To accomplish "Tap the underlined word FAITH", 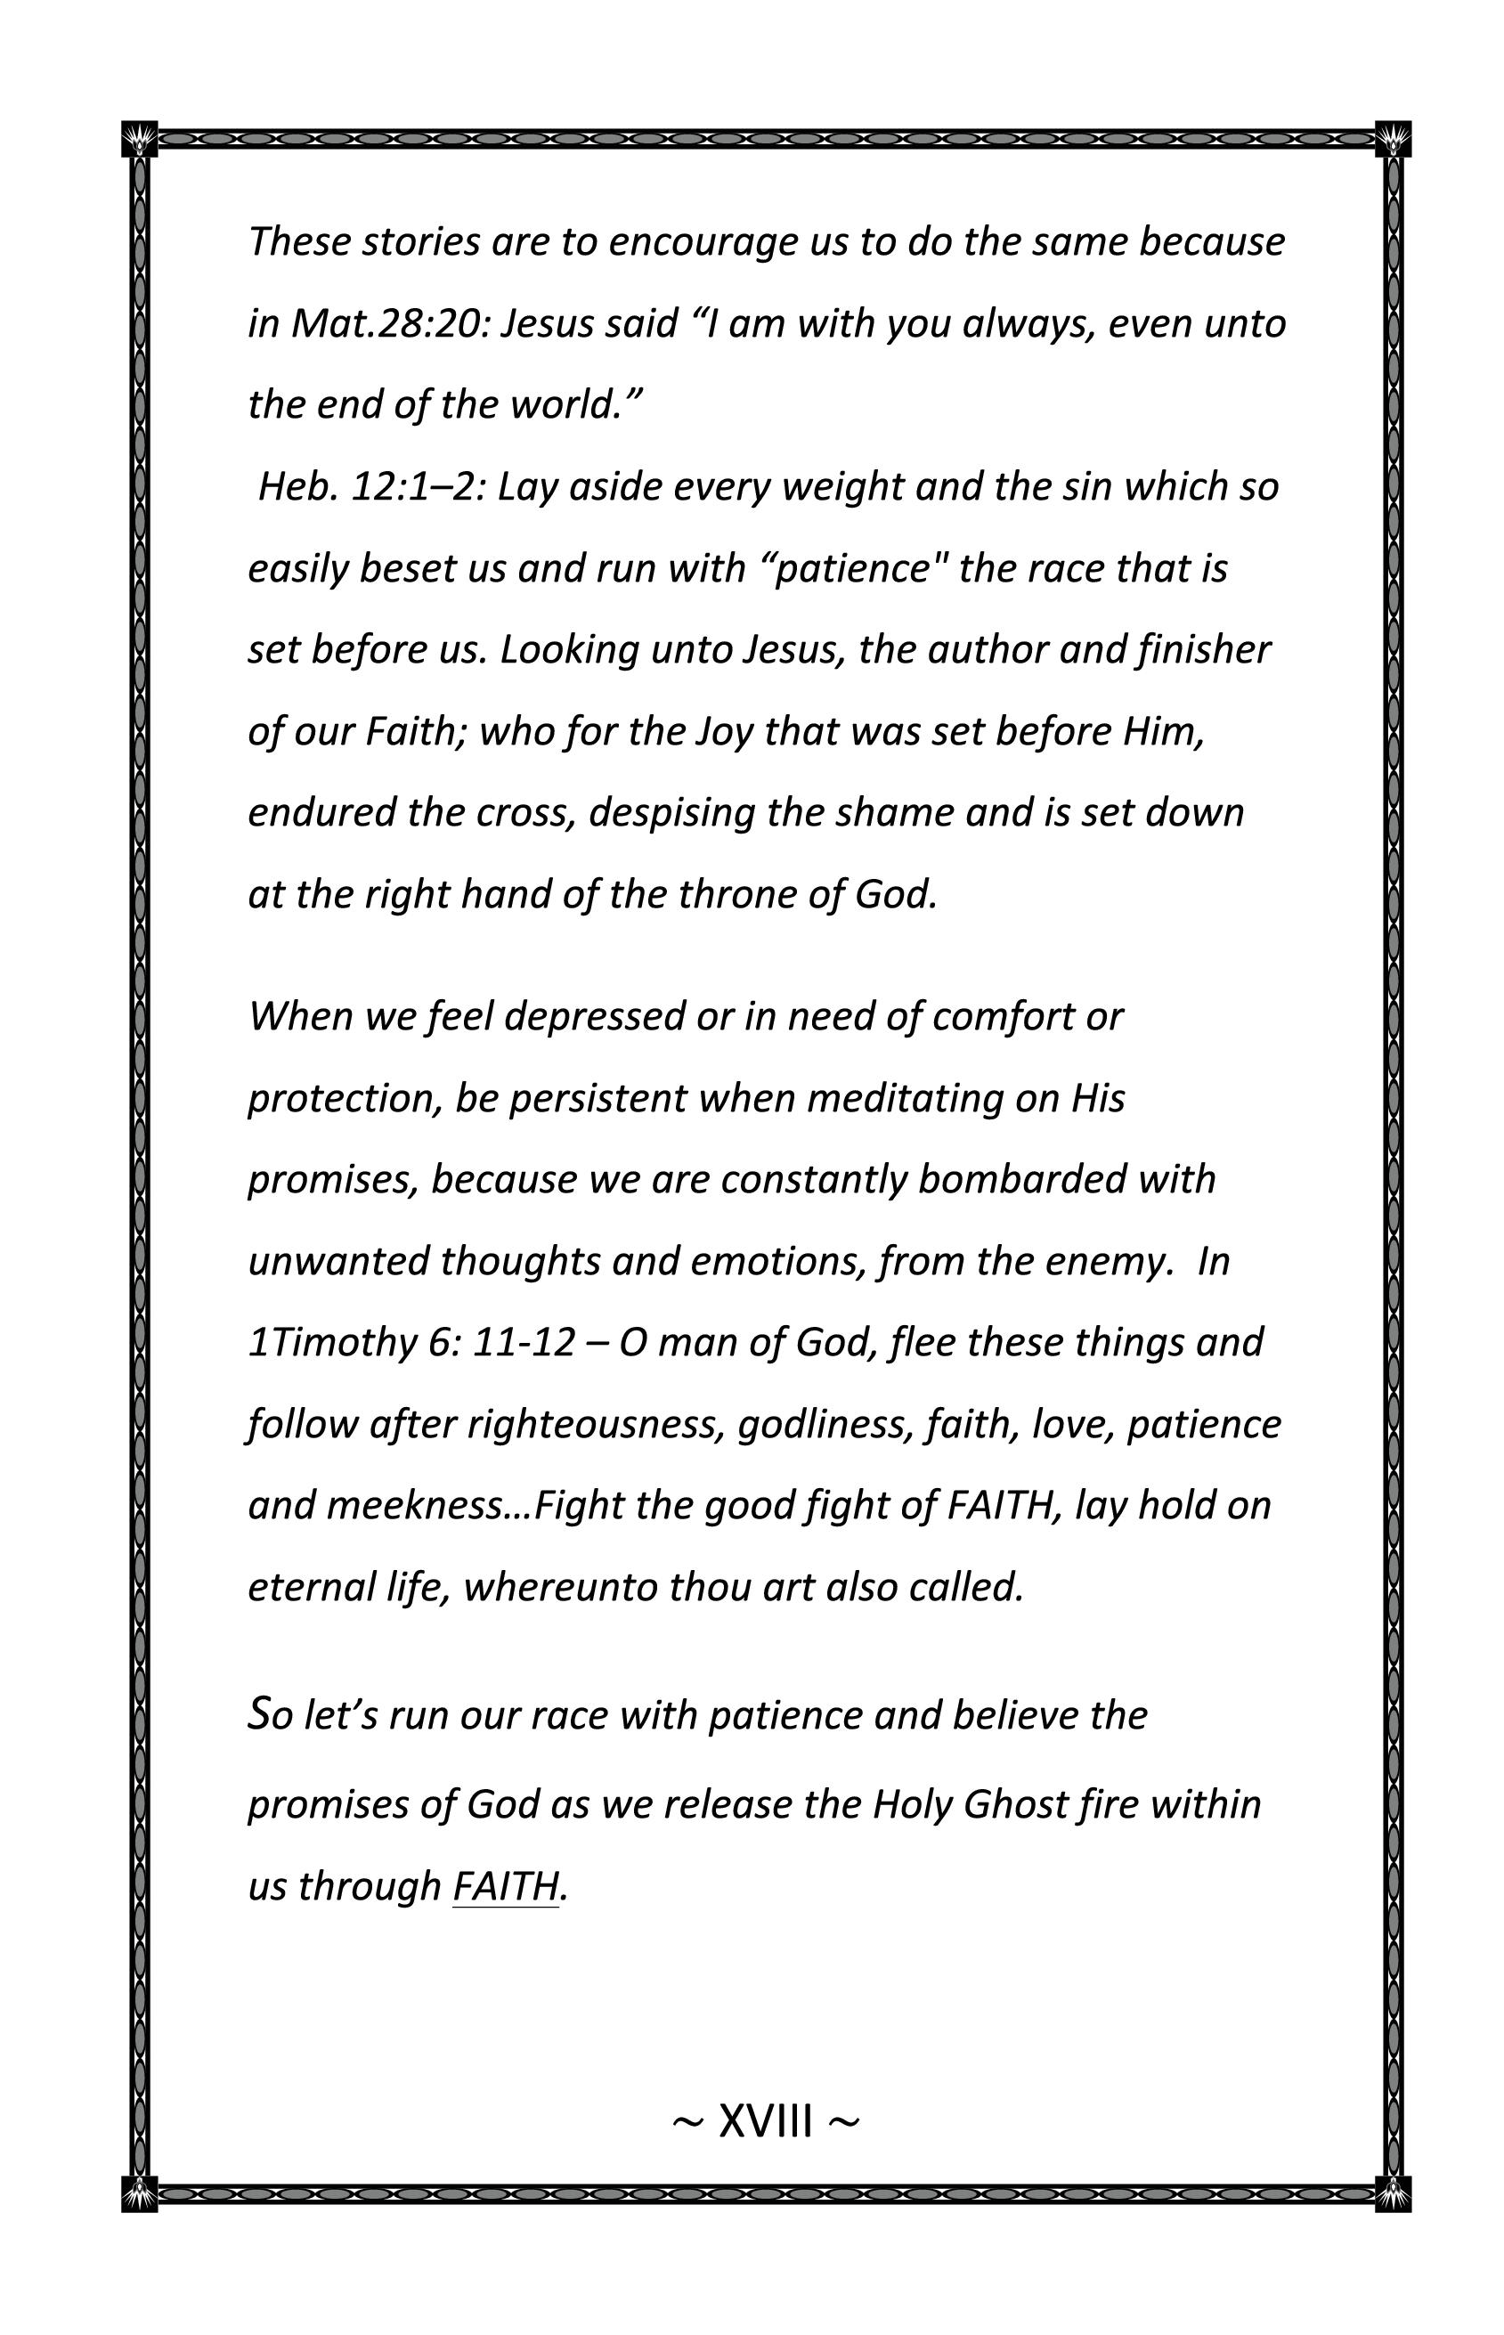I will click(505, 1886).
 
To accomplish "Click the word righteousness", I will click(596, 1425).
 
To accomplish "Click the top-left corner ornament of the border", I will click(140, 139).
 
